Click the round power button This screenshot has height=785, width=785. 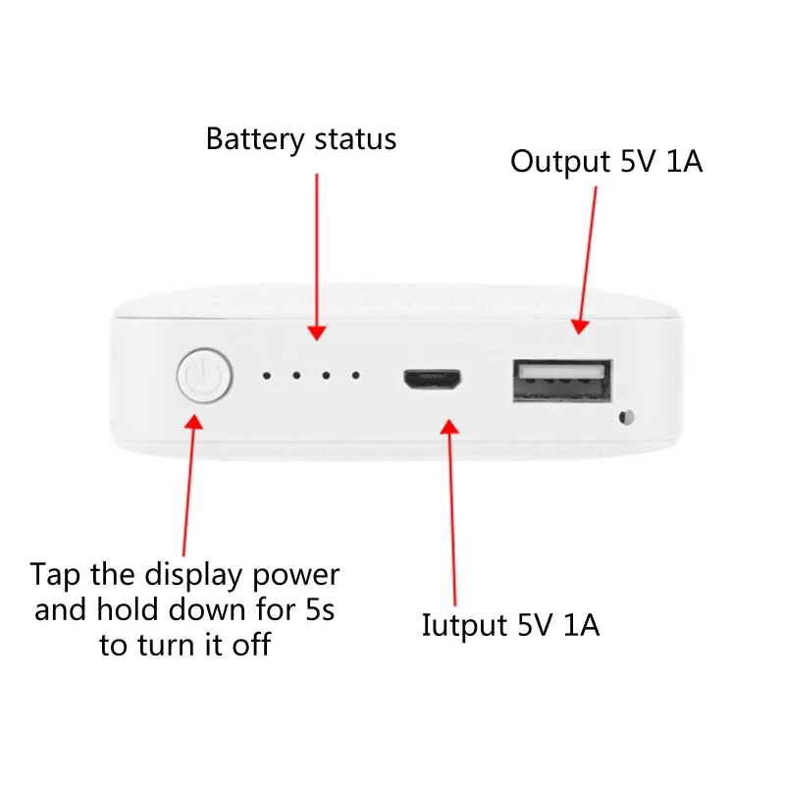click(x=203, y=377)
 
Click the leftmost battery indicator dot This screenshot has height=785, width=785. click(x=266, y=376)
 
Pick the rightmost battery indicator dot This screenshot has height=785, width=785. click(x=355, y=376)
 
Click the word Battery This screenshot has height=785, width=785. click(x=254, y=139)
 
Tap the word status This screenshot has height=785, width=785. click(x=355, y=139)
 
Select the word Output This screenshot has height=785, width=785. click(x=559, y=162)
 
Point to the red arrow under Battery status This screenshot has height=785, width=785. click(x=316, y=255)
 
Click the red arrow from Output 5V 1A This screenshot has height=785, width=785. click(x=587, y=255)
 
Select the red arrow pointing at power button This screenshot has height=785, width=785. click(x=188, y=481)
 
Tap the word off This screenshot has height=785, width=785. click(x=252, y=646)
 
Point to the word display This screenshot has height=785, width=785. click(x=186, y=574)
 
